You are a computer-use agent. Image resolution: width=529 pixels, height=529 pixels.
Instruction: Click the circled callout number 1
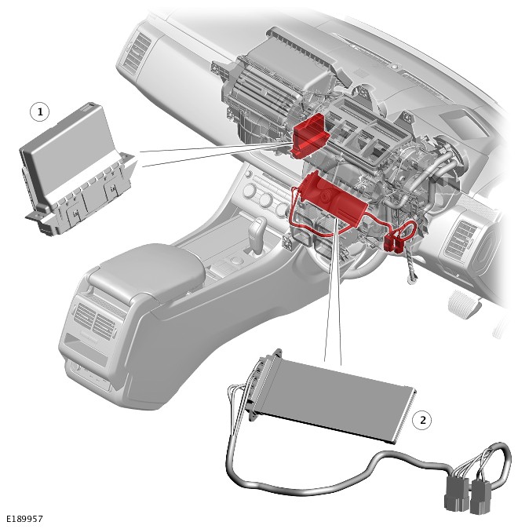(x=40, y=111)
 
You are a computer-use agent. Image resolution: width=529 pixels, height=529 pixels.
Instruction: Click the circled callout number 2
(x=422, y=420)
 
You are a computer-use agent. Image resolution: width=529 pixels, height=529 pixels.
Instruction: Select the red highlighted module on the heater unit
(x=310, y=135)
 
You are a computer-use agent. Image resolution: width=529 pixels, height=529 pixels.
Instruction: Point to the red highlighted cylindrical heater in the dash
(x=332, y=199)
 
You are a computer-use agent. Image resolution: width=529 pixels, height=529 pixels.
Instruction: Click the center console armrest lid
(x=148, y=268)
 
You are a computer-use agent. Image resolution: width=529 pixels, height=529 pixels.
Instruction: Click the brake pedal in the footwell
(x=464, y=304)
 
